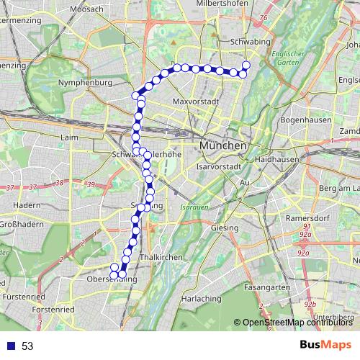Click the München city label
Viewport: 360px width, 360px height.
(x=223, y=145)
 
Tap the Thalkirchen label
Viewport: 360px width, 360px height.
(x=158, y=256)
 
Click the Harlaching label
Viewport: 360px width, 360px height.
(x=201, y=298)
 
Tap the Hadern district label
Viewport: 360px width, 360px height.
(x=27, y=205)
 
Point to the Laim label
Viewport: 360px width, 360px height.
(x=70, y=137)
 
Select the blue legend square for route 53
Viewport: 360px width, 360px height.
(x=9, y=346)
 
